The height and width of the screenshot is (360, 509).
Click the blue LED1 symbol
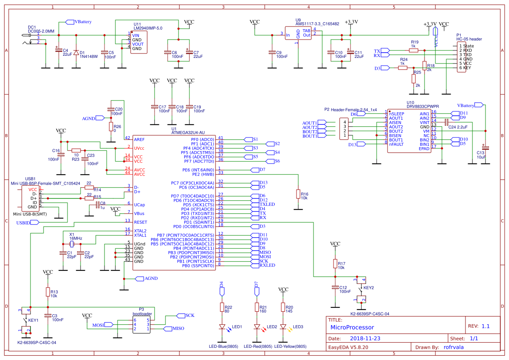point(222,327)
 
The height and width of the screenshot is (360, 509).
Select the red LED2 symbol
point(257,327)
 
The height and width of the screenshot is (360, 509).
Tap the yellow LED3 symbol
point(283,327)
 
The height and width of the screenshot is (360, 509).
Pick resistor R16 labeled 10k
point(298,193)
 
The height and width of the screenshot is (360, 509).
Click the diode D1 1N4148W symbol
point(76,52)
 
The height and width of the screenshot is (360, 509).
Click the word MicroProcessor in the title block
point(352,327)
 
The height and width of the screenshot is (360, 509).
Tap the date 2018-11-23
point(365,338)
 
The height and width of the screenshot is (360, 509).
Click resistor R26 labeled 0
point(111,126)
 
